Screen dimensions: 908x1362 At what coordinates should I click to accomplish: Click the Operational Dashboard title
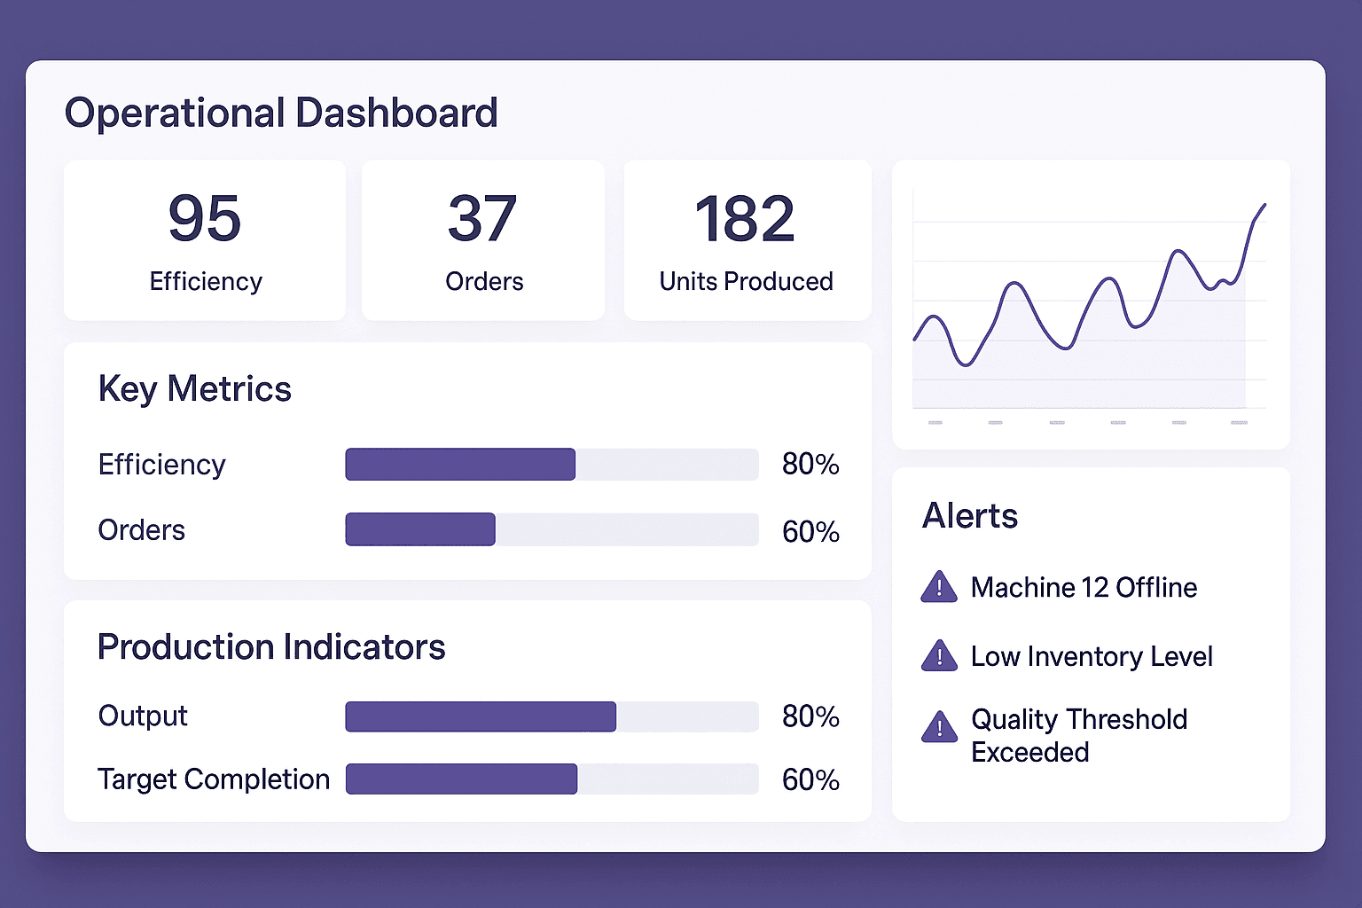[x=281, y=113]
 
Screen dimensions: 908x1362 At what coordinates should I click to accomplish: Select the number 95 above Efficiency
[x=205, y=218]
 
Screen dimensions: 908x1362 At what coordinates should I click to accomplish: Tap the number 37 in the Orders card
[x=482, y=218]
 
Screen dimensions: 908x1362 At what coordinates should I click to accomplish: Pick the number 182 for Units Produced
[x=745, y=218]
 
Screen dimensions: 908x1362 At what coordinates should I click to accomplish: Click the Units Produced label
[x=746, y=281]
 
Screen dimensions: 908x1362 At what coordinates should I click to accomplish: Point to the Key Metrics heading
[x=194, y=389]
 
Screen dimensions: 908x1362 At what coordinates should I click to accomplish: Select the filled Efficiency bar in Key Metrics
[x=460, y=465]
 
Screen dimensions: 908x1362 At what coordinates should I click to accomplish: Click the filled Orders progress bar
[x=420, y=529]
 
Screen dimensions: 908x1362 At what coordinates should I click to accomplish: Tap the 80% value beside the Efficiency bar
[x=810, y=465]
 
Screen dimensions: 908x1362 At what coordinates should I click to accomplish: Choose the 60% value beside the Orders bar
[x=810, y=531]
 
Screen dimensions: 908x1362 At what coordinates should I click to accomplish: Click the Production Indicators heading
[x=271, y=647]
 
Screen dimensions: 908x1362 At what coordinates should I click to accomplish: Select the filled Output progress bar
[x=481, y=716]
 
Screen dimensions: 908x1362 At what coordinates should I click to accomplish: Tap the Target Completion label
[x=214, y=779]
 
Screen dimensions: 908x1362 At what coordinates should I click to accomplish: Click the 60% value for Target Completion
[x=810, y=780]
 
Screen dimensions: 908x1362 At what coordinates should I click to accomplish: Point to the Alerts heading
[x=970, y=516]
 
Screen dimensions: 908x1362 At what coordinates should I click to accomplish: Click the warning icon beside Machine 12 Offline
[x=939, y=588]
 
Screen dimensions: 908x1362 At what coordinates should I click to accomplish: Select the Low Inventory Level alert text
[x=1092, y=657]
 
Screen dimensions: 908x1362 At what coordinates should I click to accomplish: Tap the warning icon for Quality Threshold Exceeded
[x=939, y=727]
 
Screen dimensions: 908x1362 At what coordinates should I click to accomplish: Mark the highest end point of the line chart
[x=1264, y=205]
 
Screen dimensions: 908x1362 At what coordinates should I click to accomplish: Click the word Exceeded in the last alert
[x=1029, y=753]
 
